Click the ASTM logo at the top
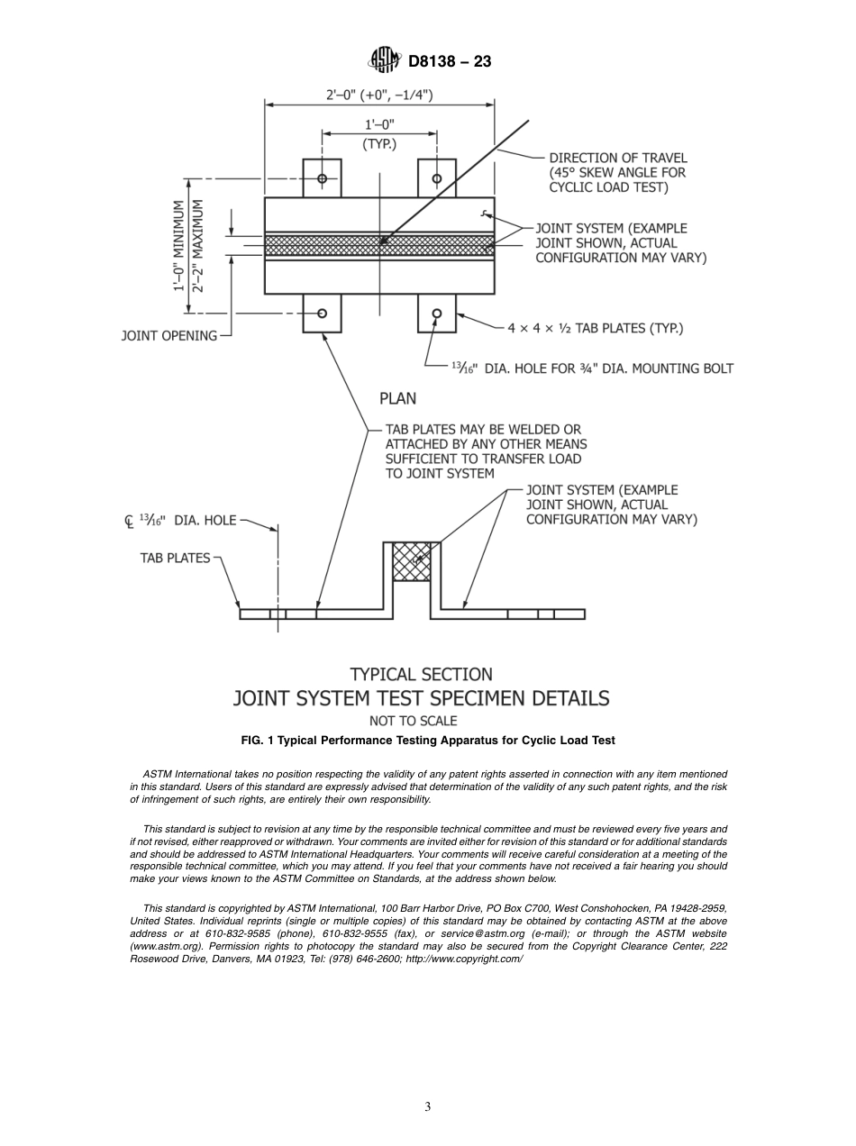tap(385, 61)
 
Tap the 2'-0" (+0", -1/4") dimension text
tap(378, 94)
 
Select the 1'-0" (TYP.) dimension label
tap(379, 133)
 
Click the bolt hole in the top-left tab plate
tap(322, 178)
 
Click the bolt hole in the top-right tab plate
tap(437, 178)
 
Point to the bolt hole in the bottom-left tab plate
tap(322, 314)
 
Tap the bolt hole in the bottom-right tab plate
tap(437, 314)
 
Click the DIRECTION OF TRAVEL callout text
tap(617, 172)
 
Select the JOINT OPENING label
tap(169, 336)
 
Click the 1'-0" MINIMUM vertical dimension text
tap(179, 246)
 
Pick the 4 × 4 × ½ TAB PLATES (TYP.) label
tap(595, 329)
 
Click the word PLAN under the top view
tap(397, 397)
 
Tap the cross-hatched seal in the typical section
tap(412, 561)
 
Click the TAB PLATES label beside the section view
tap(175, 558)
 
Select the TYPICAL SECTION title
tap(421, 674)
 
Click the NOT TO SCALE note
tap(413, 721)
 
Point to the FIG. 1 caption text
tap(428, 740)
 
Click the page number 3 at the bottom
tap(428, 1107)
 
